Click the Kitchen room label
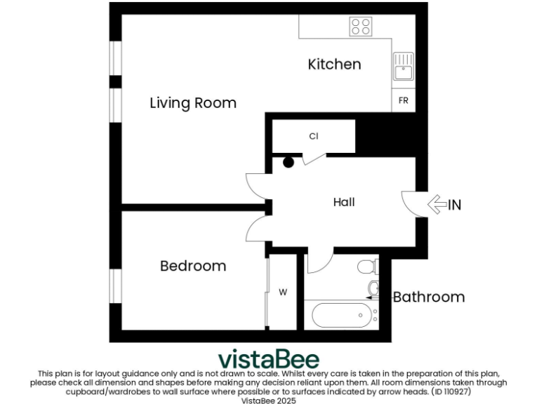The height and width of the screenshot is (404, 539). (x=335, y=65)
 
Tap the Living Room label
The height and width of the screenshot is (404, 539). (x=193, y=103)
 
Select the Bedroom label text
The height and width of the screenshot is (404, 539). (x=193, y=266)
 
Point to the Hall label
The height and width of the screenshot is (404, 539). (x=344, y=202)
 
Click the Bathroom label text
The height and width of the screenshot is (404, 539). (x=429, y=297)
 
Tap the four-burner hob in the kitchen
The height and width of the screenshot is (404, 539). (x=361, y=27)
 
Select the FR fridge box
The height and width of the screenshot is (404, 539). (x=403, y=101)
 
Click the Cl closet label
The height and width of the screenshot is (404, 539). (x=314, y=136)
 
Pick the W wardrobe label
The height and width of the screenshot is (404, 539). (x=284, y=292)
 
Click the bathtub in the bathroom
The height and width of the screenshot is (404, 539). (x=340, y=315)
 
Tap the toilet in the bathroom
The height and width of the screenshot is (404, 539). (x=366, y=267)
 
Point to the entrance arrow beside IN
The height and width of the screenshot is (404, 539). (x=437, y=205)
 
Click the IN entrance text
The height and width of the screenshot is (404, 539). (x=455, y=206)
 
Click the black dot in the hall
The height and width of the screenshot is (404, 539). (x=288, y=163)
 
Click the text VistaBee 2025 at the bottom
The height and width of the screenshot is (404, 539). (x=269, y=400)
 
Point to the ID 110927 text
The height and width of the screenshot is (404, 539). (x=451, y=391)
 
